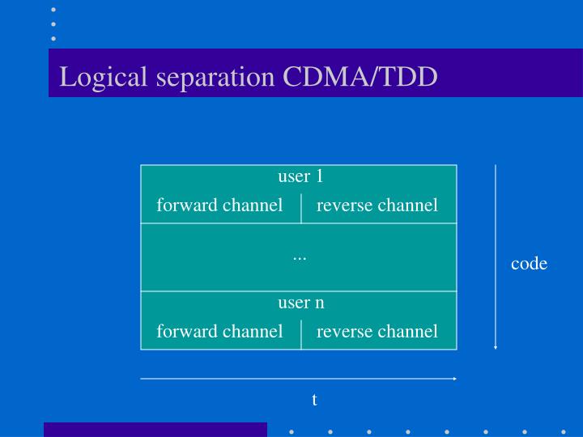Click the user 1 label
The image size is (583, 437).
(x=300, y=176)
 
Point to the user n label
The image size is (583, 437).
(x=300, y=303)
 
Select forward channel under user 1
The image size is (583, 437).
(x=219, y=206)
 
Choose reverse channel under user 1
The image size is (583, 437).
(x=377, y=206)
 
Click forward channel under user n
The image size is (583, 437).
(x=219, y=331)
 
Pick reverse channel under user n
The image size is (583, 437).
(x=377, y=331)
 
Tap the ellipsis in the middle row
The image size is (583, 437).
(x=300, y=257)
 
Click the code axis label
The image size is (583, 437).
(x=529, y=264)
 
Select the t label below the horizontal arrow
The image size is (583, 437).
(x=314, y=400)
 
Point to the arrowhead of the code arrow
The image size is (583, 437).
(x=496, y=346)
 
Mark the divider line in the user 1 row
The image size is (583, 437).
(x=301, y=207)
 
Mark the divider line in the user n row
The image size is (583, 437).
(x=301, y=333)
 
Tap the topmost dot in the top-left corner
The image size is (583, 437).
(x=53, y=10)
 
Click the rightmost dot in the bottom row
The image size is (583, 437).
(x=564, y=431)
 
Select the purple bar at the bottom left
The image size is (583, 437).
(x=155, y=430)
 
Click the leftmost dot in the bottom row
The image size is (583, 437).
(x=291, y=431)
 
